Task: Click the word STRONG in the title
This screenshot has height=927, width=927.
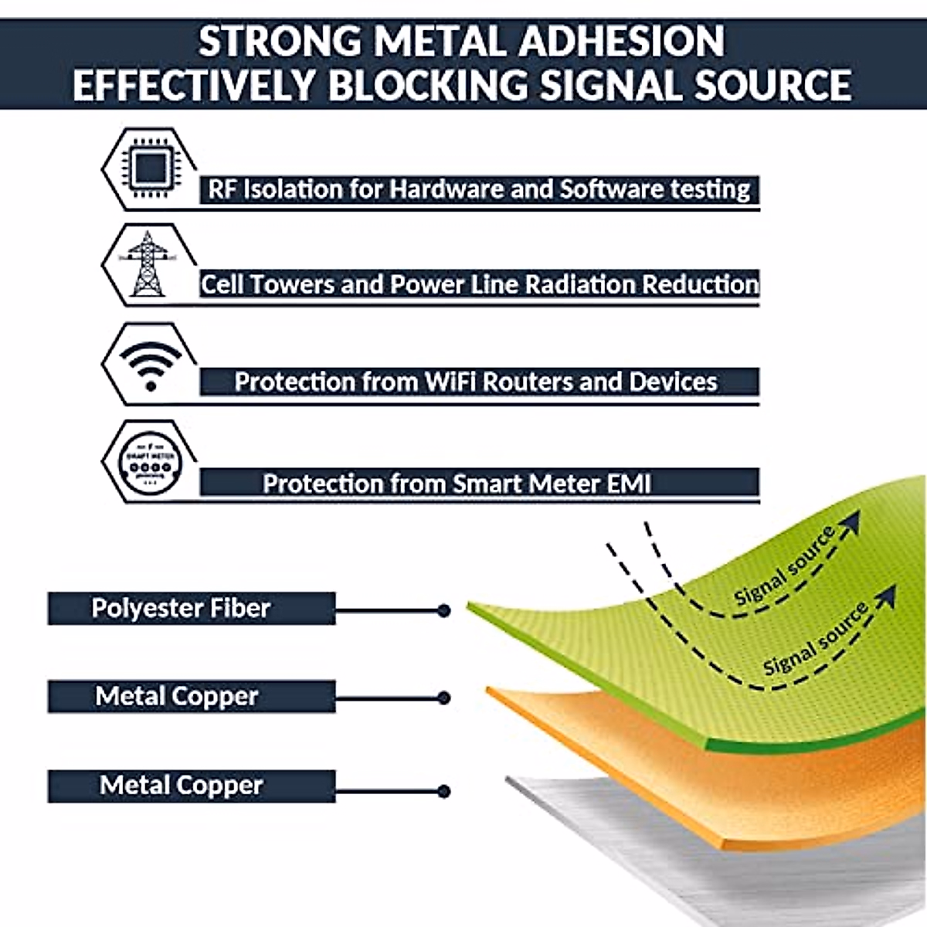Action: (279, 41)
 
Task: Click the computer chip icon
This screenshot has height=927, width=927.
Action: (150, 168)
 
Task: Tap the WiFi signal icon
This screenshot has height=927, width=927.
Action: (151, 365)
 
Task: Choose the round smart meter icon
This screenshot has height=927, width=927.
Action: (151, 460)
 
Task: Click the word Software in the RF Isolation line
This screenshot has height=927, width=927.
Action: (611, 189)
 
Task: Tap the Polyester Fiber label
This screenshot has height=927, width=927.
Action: (182, 608)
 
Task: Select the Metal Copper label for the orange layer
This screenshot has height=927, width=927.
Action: (177, 696)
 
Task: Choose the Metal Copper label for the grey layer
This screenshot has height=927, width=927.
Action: (182, 785)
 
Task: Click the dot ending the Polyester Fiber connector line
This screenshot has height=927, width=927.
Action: (443, 610)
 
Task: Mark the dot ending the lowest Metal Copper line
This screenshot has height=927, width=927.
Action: (443, 791)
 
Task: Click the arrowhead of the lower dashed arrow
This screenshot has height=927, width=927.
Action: (888, 596)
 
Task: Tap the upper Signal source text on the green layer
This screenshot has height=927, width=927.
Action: (783, 567)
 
